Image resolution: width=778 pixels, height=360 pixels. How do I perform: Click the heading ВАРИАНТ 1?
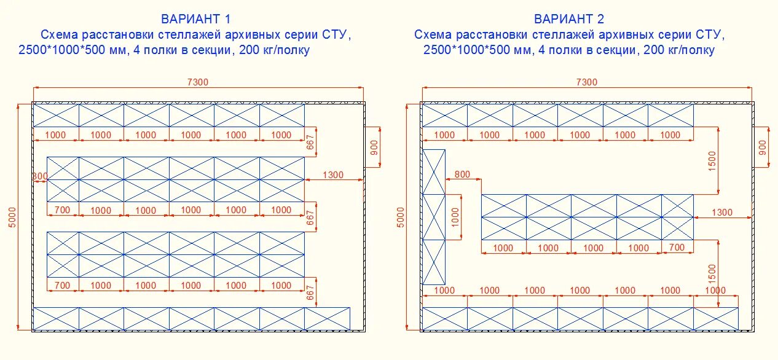196,19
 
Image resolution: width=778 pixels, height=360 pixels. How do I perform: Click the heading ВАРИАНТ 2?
569,19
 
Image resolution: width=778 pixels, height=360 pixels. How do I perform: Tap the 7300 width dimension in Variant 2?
586,82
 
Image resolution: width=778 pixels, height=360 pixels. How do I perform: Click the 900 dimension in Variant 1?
375,146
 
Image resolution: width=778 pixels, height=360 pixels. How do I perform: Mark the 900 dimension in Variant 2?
763,146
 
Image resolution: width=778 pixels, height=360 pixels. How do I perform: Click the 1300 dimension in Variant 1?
332,175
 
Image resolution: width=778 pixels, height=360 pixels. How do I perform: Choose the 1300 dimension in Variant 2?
722,213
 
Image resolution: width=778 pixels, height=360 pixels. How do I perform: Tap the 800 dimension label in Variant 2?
462,174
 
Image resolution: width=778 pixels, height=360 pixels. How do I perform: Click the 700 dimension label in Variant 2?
676,248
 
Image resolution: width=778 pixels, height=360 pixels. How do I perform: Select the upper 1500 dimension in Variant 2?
712,161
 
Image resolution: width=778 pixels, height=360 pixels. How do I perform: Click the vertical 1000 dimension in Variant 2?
455,216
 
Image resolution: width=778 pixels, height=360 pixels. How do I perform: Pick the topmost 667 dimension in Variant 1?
310,142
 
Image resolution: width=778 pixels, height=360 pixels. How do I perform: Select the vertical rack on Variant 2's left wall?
433,217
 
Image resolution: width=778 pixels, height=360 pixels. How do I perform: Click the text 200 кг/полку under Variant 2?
679,50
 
